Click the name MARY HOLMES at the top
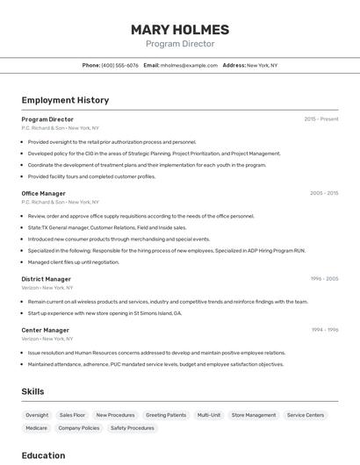(180, 29)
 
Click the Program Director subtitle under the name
(180, 44)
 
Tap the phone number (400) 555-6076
(120, 65)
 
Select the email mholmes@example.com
(190, 65)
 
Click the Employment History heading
(65, 100)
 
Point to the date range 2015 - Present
(321, 119)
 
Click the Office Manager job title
(44, 193)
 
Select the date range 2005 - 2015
(324, 193)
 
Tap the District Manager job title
(47, 279)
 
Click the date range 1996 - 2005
(324, 279)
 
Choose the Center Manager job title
(46, 330)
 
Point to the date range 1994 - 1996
(325, 330)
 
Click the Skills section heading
(33, 391)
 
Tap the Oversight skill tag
(37, 415)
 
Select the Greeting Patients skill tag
(166, 415)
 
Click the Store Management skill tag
(253, 415)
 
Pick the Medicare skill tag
(37, 428)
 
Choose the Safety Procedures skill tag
(133, 428)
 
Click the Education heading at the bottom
(44, 455)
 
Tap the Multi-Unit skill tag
(209, 415)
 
